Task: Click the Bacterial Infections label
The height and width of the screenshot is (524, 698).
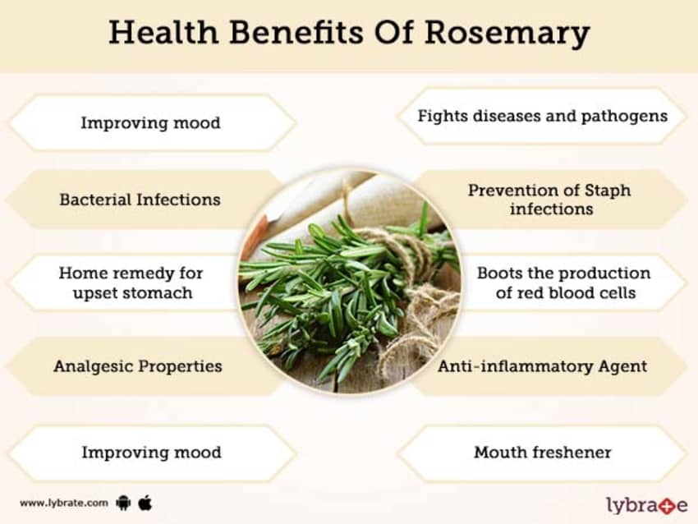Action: [140, 199]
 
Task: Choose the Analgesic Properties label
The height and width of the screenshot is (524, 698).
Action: [137, 365]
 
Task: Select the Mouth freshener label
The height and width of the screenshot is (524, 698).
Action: [542, 452]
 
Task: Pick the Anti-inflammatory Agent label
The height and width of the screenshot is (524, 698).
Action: [542, 365]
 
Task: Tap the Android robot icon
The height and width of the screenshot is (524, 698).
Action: [124, 502]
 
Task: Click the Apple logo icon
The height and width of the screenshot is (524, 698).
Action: [145, 501]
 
